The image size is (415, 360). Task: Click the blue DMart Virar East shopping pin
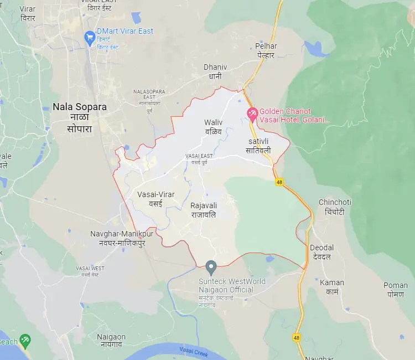[90, 38]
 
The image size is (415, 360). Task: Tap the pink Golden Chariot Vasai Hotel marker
[252, 115]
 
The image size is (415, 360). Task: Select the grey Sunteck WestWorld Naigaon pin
[211, 268]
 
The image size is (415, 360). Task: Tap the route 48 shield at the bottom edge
[297, 337]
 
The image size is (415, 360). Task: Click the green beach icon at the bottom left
[24, 340]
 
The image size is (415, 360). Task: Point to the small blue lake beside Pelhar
[316, 50]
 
